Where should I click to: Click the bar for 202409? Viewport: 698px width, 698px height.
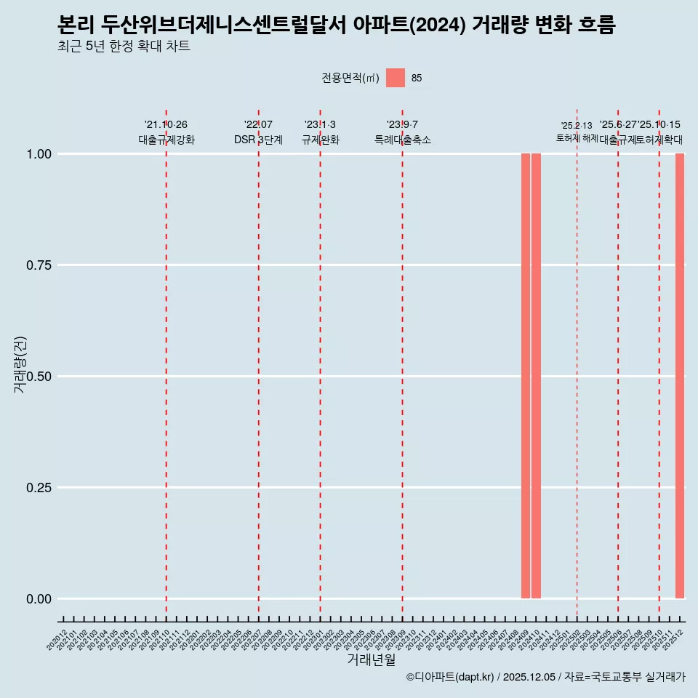pyautogui.click(x=526, y=376)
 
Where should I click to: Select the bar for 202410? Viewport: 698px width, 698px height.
pyautogui.click(x=536, y=376)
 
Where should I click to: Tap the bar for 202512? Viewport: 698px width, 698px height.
pyautogui.click(x=680, y=376)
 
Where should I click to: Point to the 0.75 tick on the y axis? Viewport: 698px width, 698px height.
pyautogui.click(x=39, y=265)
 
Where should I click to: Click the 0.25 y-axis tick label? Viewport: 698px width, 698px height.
pyautogui.click(x=39, y=488)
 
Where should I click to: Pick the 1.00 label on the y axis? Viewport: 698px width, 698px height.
pyautogui.click(x=39, y=154)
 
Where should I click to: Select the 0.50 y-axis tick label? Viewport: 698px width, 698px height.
pyautogui.click(x=39, y=377)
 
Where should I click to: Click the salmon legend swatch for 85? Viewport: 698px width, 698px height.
pyautogui.click(x=396, y=78)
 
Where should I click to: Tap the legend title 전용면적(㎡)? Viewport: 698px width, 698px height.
pyautogui.click(x=350, y=78)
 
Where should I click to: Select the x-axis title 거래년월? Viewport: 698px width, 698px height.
pyautogui.click(x=372, y=659)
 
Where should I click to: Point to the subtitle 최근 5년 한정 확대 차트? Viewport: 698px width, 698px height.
pyautogui.click(x=124, y=47)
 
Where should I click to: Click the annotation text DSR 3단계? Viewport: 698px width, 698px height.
pyautogui.click(x=258, y=140)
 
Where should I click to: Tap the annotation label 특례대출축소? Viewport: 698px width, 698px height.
pyautogui.click(x=403, y=140)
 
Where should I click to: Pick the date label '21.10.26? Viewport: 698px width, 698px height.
pyautogui.click(x=166, y=125)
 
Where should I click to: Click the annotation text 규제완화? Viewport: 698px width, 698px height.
pyautogui.click(x=321, y=140)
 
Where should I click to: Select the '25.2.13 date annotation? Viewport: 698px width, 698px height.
pyautogui.click(x=577, y=126)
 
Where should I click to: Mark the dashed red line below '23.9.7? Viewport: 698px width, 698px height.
pyautogui.click(x=402, y=364)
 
